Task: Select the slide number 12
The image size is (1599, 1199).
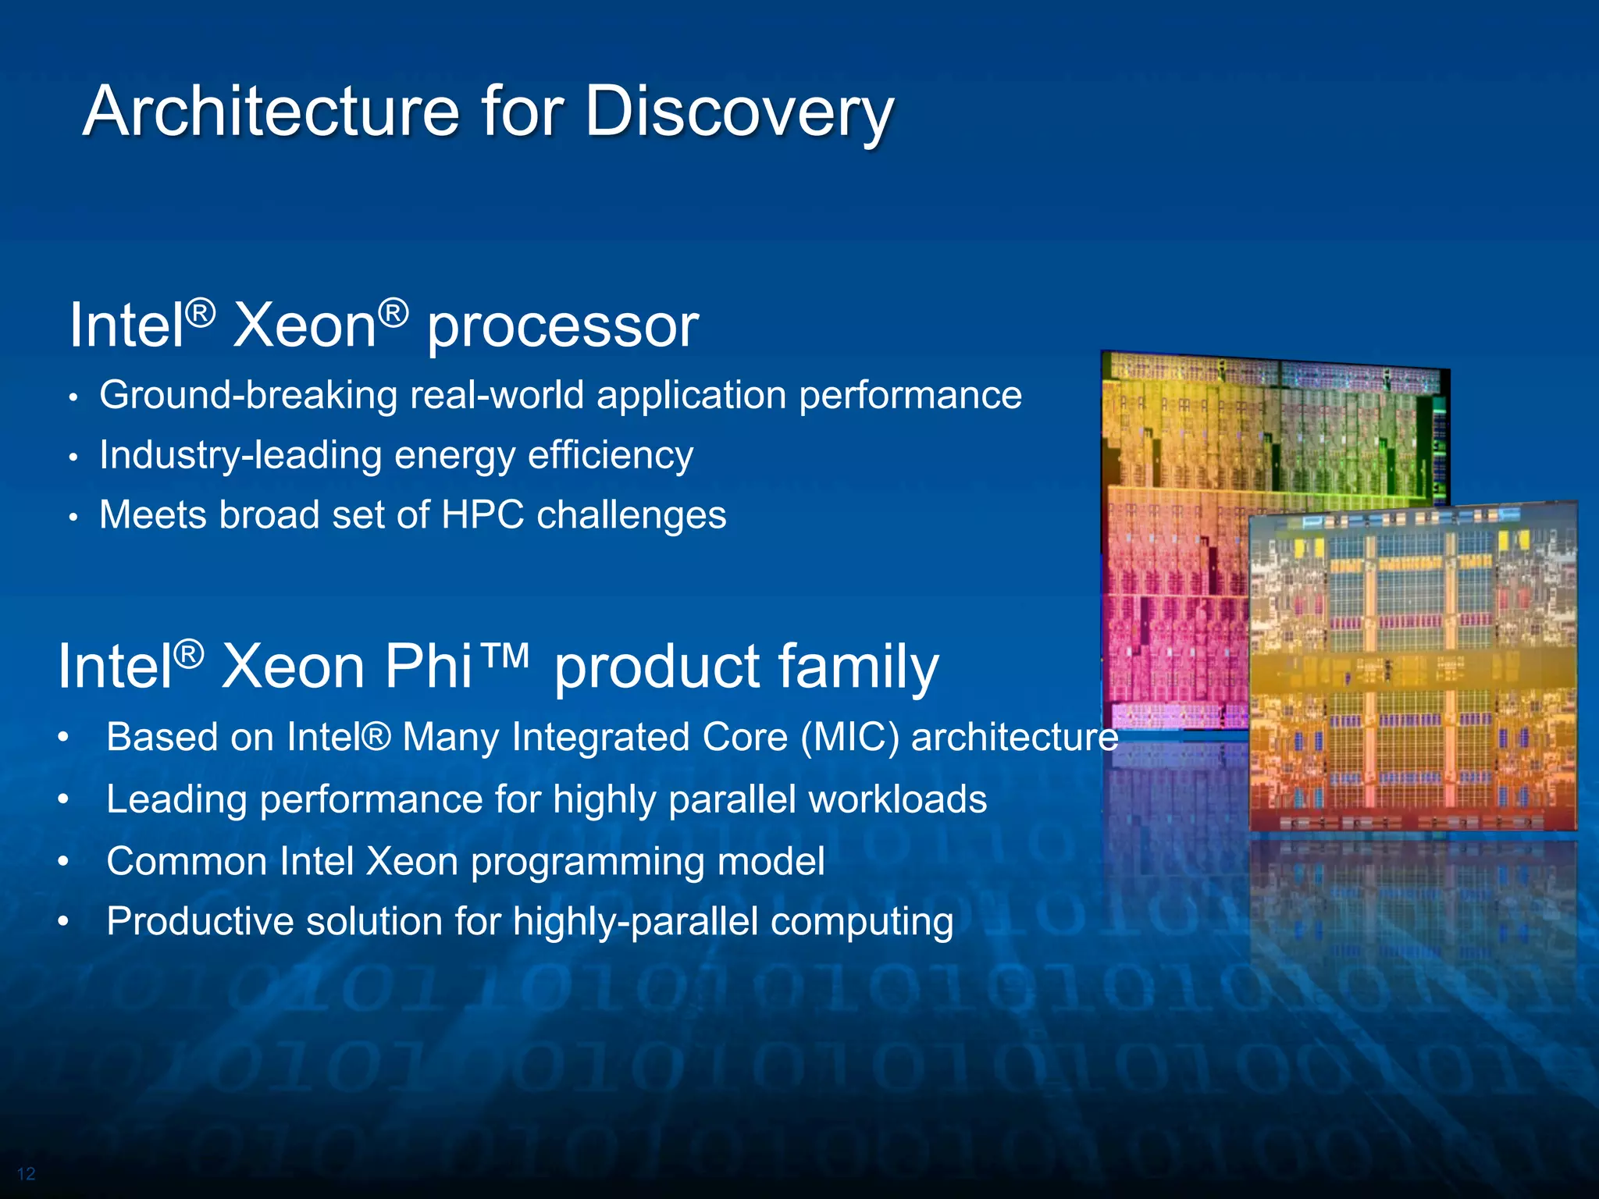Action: (x=26, y=1174)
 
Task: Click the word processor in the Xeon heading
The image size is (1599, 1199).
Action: (x=562, y=326)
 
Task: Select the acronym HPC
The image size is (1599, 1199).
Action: (x=482, y=515)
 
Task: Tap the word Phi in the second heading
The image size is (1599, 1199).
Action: (x=428, y=667)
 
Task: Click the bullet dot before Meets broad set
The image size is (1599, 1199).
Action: (x=73, y=518)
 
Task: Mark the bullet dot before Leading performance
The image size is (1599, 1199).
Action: (x=64, y=799)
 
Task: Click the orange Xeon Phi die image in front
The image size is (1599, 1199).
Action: (x=1413, y=671)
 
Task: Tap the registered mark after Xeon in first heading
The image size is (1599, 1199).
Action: (x=394, y=314)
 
